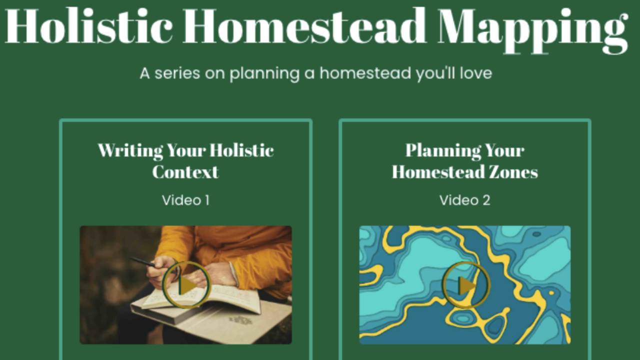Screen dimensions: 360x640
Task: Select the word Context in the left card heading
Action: [185, 172]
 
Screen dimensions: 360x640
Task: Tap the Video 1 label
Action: [185, 200]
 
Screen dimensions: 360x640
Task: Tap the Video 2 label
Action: [464, 200]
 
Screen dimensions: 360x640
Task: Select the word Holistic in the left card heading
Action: [241, 150]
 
